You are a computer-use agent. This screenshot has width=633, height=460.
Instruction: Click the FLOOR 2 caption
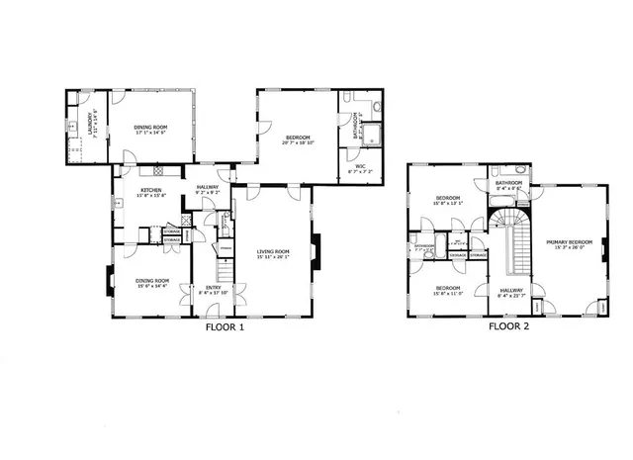coord(509,325)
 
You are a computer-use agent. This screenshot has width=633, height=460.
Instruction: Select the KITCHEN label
coord(150,190)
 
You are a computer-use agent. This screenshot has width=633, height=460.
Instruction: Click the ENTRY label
coord(215,287)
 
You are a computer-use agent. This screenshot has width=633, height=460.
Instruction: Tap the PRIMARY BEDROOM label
coord(568,240)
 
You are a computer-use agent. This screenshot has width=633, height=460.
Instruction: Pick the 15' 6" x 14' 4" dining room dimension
coord(152,286)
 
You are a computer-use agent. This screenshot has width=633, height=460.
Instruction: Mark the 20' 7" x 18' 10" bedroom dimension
coord(298,142)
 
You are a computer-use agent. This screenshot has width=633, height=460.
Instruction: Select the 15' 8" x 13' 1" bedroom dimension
coord(448,205)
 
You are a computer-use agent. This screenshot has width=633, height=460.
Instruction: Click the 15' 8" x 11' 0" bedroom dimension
coord(448,294)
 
